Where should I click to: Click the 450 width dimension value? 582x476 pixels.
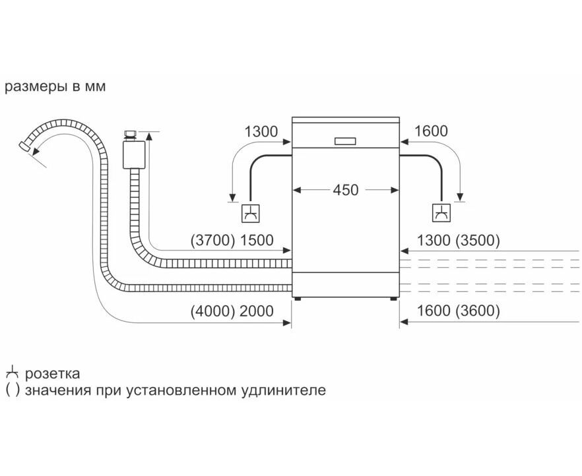[345, 190]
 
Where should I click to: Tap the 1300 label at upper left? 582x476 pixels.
[261, 131]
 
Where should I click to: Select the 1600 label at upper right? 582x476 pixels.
[431, 131]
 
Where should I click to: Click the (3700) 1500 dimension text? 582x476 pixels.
[231, 241]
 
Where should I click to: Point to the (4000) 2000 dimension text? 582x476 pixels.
[231, 311]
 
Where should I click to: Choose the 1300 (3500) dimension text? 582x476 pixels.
[455, 241]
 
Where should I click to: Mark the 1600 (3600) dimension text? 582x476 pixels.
[455, 311]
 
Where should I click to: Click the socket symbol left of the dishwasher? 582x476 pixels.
[250, 213]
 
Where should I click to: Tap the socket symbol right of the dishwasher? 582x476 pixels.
[440, 213]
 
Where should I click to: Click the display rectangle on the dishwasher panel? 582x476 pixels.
[346, 140]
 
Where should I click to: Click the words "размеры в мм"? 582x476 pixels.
[55, 87]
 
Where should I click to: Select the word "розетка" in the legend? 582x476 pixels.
[53, 374]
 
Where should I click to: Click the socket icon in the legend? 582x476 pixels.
[12, 373]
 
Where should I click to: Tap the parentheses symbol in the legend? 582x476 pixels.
[13, 390]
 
